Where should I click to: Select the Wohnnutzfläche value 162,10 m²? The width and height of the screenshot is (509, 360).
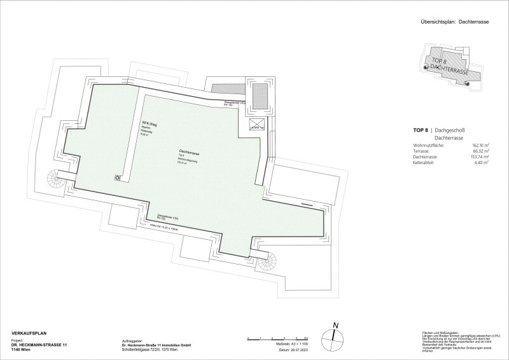coord(477,145)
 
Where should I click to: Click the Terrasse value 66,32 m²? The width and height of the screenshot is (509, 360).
coord(478,151)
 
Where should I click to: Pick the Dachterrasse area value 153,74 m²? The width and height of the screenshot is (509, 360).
coord(477,157)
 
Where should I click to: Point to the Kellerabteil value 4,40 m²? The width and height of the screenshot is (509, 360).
coord(480,163)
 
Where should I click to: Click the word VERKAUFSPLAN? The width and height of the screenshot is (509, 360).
coord(29,333)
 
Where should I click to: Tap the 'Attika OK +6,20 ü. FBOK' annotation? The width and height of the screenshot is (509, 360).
coord(163,227)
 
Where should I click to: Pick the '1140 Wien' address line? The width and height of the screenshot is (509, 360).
coord(23,350)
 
